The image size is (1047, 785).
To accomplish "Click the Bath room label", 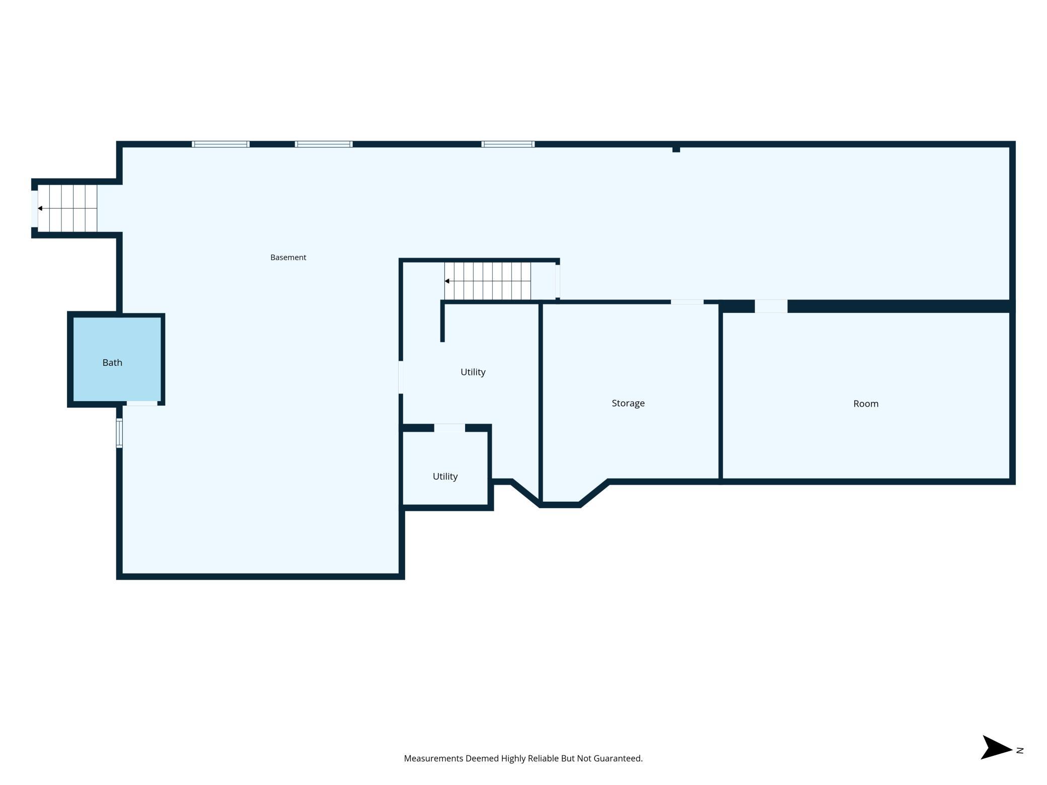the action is [x=112, y=363].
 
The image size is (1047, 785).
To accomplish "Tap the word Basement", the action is [x=288, y=258].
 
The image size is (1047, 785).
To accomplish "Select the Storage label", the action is [x=628, y=404].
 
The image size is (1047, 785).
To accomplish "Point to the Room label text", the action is [x=866, y=404].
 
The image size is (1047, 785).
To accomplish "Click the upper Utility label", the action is [x=473, y=372].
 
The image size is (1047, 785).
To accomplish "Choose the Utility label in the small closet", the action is [x=445, y=477].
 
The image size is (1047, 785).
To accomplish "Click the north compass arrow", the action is [x=996, y=747].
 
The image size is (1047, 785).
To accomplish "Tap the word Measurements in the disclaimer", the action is [x=434, y=758].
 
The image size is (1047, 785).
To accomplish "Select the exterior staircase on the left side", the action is [x=67, y=208].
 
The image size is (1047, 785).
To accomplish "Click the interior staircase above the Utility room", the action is [x=487, y=281].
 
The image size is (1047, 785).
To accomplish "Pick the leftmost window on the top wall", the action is [x=220, y=144].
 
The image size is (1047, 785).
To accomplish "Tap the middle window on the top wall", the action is [x=324, y=144].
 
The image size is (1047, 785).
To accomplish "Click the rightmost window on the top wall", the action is [x=508, y=144].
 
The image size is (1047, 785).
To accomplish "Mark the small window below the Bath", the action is [x=119, y=433].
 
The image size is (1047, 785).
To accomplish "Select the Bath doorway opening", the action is [x=142, y=404].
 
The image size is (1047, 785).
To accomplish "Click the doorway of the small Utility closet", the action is [x=450, y=428].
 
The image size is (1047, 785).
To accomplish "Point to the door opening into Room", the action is [x=771, y=306].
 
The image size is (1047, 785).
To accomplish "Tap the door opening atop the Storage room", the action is [x=687, y=302].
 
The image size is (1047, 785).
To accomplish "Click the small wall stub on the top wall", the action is [x=677, y=149].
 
